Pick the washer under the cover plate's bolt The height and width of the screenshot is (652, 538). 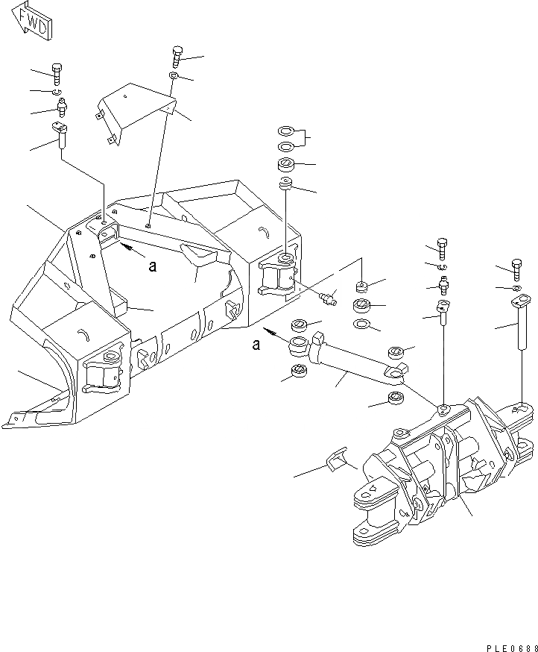(x=174, y=76)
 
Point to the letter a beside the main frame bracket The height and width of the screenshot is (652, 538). (x=152, y=266)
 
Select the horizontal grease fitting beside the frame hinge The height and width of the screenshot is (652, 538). (x=327, y=300)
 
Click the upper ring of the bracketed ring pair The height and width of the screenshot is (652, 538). (x=285, y=130)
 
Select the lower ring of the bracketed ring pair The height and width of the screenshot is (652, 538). (x=285, y=145)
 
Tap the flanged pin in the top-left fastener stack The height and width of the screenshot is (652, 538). (x=60, y=137)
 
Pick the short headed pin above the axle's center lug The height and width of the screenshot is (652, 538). (x=443, y=314)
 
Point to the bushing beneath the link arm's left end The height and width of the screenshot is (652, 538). (x=298, y=371)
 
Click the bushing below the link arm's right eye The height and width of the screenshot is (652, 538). (x=395, y=399)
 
